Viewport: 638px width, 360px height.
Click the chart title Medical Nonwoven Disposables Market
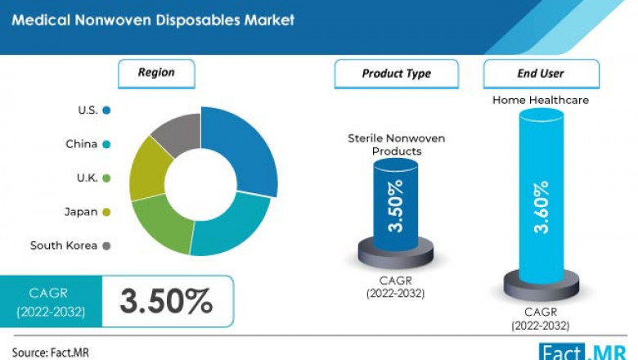click(153, 20)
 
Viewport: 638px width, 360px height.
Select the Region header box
click(156, 73)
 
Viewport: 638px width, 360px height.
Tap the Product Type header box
click(396, 74)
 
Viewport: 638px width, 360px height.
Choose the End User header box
click(541, 74)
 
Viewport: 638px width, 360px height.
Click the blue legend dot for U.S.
click(107, 110)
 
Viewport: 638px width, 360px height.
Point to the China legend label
click(82, 144)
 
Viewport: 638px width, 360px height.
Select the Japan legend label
click(81, 212)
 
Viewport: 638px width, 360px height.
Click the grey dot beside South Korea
click(107, 245)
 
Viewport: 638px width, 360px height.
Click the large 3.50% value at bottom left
click(166, 302)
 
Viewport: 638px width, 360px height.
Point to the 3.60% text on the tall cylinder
click(541, 207)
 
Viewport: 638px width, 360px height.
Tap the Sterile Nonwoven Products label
click(397, 145)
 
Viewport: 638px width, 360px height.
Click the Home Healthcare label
click(541, 100)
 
